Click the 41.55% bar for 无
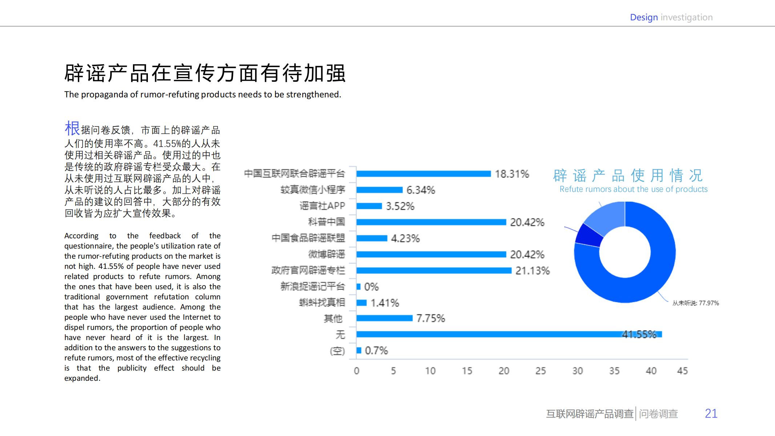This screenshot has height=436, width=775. [509, 334]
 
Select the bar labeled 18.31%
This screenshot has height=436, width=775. [423, 174]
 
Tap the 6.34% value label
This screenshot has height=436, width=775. [420, 190]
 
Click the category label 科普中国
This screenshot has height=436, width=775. [326, 222]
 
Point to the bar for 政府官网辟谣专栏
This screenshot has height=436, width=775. [434, 270]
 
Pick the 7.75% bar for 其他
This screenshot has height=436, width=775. [384, 318]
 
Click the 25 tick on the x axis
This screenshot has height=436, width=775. [540, 371]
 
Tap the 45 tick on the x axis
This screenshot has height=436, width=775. [682, 371]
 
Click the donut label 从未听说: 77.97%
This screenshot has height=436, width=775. [695, 303]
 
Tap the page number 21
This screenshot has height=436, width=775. [711, 413]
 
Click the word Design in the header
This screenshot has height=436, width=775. [643, 17]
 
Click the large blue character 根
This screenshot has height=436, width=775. [72, 128]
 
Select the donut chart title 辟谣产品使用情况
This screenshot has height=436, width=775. [628, 175]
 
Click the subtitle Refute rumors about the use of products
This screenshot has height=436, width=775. [633, 189]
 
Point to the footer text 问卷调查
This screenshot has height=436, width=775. [658, 414]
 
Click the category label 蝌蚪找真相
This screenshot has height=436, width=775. [322, 303]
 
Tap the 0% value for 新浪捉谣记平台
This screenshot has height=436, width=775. [371, 287]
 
